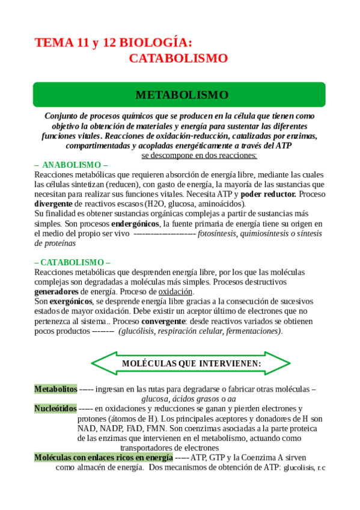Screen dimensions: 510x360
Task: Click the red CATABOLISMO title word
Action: [178, 58]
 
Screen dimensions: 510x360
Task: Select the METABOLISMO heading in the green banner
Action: [182, 95]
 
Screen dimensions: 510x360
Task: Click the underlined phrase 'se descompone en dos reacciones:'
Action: [199, 155]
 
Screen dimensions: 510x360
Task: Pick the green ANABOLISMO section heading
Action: [72, 165]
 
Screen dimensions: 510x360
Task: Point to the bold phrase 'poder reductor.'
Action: [268, 194]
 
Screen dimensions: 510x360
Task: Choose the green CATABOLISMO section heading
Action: [72, 262]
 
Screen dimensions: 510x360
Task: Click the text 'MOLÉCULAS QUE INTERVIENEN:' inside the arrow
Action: [191, 364]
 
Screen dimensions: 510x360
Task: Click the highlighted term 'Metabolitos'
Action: [55, 389]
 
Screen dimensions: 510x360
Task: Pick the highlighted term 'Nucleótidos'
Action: [55, 408]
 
